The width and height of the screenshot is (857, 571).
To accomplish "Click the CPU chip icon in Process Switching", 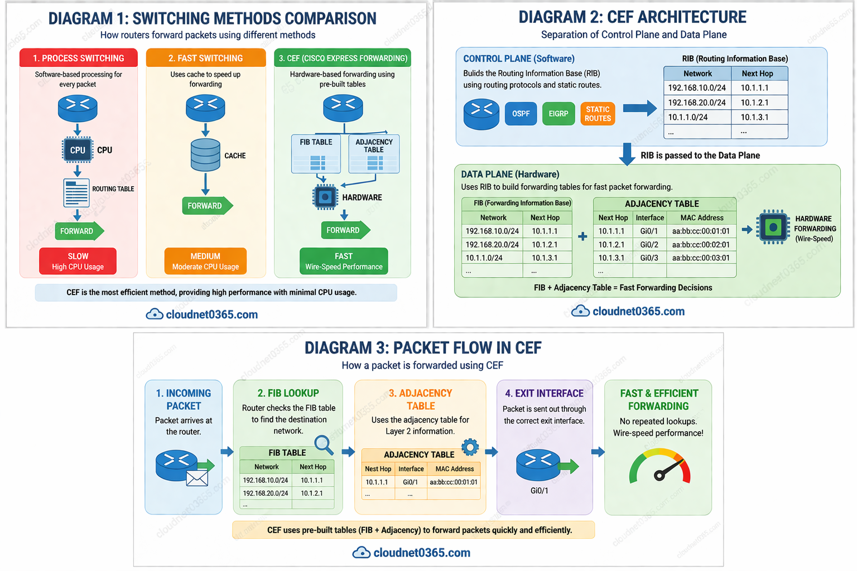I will tap(78, 150).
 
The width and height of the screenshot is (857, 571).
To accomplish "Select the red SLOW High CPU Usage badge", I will tap(78, 261).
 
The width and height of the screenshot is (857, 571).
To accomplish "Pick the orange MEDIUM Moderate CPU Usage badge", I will tap(205, 261).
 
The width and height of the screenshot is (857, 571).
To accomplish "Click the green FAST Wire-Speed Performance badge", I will tap(344, 261).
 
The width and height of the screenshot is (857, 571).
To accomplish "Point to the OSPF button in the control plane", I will tap(521, 114).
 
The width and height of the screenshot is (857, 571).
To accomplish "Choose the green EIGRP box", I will tap(559, 114).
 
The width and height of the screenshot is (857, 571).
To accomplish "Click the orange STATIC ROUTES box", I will tap(598, 114).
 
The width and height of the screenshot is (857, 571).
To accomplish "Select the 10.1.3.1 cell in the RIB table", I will tap(755, 117).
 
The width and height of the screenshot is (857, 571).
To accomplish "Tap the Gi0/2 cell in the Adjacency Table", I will tap(649, 244).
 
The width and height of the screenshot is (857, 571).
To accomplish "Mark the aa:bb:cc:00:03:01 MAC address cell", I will tap(701, 258).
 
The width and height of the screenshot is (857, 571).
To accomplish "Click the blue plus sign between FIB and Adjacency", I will tap(582, 236).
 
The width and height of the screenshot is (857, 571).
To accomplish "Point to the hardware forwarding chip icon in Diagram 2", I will tap(773, 228).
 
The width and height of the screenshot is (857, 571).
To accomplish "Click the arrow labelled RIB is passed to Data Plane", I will tap(628, 154).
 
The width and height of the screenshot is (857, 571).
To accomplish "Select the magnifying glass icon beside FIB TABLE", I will tap(324, 444).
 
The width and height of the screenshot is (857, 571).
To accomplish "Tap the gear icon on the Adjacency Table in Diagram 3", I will tap(470, 447).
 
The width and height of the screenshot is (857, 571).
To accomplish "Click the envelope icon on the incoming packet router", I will tap(197, 478).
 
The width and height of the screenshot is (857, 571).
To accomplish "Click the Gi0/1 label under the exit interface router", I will tap(540, 491).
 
